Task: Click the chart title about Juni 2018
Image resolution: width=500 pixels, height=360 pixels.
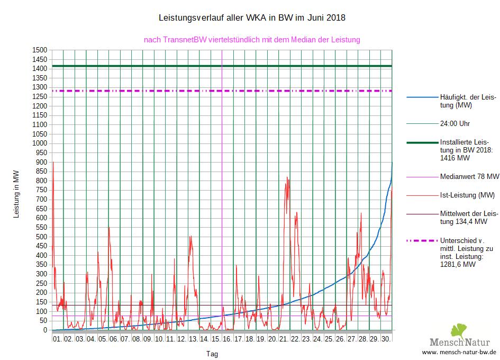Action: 252,18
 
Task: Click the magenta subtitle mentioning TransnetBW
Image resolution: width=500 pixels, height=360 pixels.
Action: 252,40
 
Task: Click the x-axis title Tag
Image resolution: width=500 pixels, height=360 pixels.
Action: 211,354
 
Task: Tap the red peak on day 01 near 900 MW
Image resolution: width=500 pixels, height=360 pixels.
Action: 53,162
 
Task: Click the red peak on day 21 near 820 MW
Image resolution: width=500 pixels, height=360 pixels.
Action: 287,177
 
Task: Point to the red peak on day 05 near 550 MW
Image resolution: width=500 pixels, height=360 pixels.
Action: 109,228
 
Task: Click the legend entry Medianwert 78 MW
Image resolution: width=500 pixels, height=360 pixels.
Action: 469,176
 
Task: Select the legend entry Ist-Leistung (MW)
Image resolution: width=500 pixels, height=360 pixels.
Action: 467,195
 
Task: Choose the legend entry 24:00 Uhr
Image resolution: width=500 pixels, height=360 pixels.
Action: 455,124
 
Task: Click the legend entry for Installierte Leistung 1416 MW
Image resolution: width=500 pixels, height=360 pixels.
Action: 461,150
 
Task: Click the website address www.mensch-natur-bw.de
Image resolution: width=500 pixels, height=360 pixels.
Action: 459,352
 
